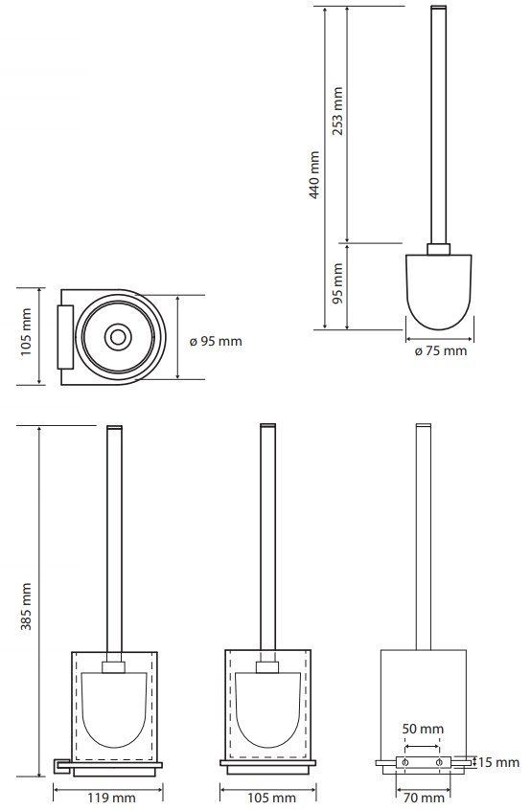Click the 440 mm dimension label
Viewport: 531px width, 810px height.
pyautogui.click(x=314, y=175)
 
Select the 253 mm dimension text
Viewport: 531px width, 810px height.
pyautogui.click(x=337, y=111)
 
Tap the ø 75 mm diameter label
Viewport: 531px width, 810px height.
pyautogui.click(x=441, y=350)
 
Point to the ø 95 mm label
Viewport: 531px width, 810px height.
pyautogui.click(x=215, y=341)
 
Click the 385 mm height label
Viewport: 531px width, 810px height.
pyautogui.click(x=27, y=606)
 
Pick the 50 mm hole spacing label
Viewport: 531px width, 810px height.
pyautogui.click(x=423, y=729)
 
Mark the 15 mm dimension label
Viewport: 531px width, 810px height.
pyautogui.click(x=498, y=762)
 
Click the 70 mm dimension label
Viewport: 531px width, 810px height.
pyautogui.click(x=424, y=799)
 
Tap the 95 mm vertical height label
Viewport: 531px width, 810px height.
pyautogui.click(x=337, y=283)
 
